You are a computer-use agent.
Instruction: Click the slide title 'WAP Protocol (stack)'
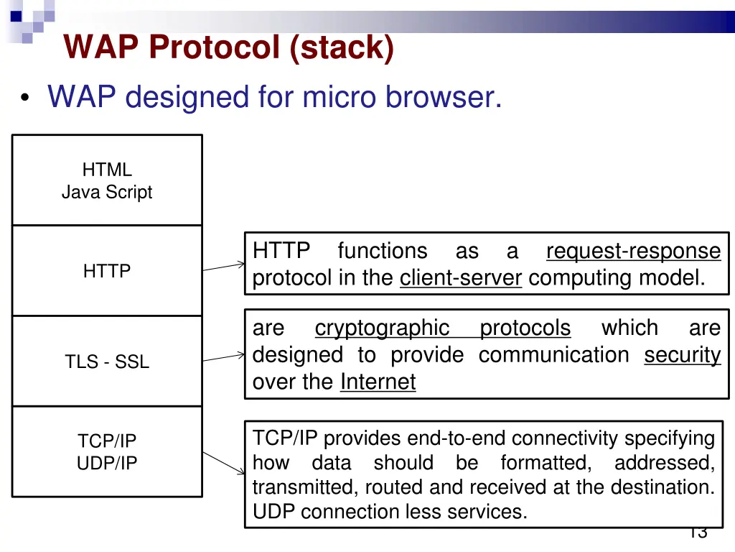coord(228,47)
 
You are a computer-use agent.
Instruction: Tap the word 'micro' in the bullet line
coord(340,96)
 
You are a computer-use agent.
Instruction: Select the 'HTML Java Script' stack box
coord(107,180)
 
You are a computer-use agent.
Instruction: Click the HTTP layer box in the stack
coord(107,271)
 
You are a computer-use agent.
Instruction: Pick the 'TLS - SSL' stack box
coord(107,362)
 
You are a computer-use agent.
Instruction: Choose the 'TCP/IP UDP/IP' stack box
coord(107,452)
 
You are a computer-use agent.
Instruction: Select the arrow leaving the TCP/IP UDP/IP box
coord(224,463)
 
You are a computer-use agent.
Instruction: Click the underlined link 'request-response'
coord(633,251)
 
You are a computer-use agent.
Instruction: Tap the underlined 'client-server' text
coord(460,278)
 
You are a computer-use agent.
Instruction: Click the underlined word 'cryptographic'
coord(382,328)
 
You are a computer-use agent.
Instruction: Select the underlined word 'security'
coord(682,355)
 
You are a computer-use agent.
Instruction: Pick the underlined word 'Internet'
coord(378,382)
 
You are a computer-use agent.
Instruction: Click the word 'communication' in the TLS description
coord(553,355)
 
